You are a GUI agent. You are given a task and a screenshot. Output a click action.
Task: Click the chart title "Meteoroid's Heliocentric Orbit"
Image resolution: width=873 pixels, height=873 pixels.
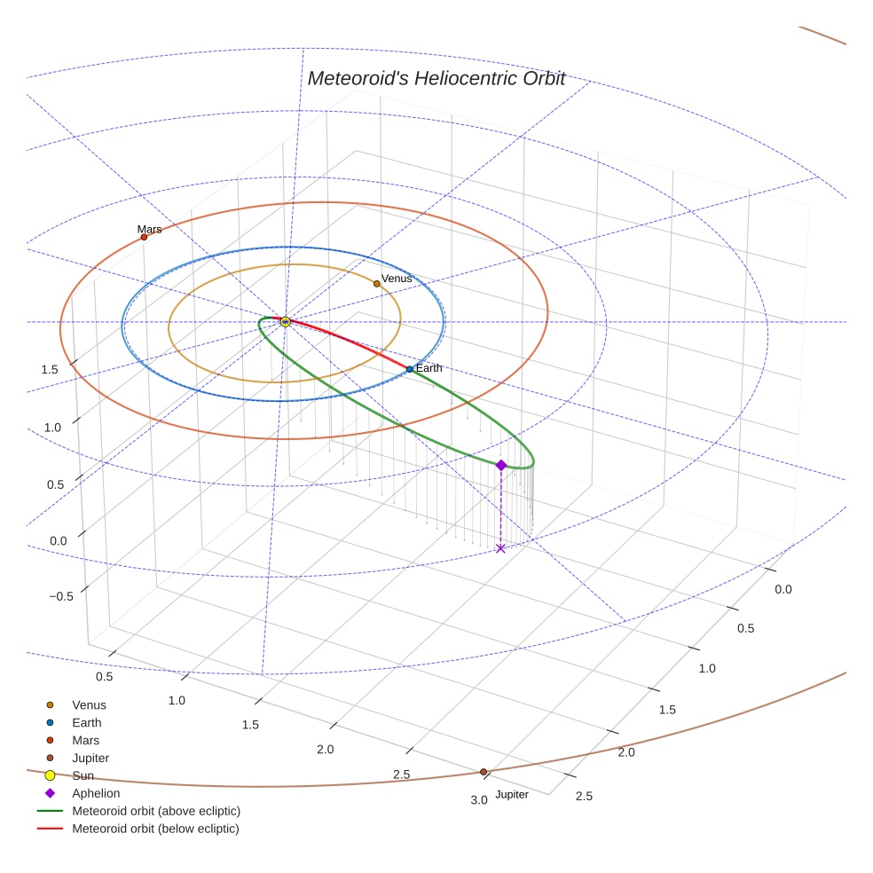click(x=436, y=78)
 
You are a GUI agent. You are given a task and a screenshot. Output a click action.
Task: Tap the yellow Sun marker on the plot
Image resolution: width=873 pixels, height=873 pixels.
click(x=286, y=322)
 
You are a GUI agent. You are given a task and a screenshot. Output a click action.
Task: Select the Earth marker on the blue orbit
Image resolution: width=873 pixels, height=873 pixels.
click(x=409, y=369)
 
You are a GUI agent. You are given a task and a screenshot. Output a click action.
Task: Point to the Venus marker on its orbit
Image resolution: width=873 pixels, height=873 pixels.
click(x=377, y=284)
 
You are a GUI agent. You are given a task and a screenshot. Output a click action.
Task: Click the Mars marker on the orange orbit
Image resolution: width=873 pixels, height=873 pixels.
click(x=144, y=237)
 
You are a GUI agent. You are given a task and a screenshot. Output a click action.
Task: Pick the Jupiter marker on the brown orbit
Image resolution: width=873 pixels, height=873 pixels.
click(x=484, y=772)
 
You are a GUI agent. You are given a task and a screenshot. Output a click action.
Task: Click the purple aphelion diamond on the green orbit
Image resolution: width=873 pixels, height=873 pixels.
click(x=501, y=465)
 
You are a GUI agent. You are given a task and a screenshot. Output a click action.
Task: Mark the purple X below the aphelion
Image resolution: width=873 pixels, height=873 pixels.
click(x=500, y=548)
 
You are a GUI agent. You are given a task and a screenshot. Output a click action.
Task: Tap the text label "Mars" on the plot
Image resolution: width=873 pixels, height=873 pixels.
click(x=149, y=229)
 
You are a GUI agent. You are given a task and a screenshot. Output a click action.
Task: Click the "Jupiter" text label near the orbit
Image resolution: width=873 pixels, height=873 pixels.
click(x=512, y=794)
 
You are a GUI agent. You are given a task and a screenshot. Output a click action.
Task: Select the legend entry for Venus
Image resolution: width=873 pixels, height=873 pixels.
click(x=89, y=705)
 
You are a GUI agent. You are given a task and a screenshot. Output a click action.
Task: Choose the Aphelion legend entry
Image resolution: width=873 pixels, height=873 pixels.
click(x=96, y=793)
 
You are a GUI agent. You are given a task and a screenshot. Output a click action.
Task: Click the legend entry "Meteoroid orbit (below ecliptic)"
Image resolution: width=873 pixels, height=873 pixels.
click(x=155, y=829)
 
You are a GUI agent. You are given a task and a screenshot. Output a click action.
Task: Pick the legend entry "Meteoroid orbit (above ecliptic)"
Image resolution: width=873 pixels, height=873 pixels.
click(x=156, y=811)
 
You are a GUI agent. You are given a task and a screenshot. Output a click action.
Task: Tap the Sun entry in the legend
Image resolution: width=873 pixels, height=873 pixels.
click(x=83, y=775)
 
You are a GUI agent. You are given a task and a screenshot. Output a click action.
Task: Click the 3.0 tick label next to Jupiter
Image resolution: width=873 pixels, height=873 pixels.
click(x=479, y=800)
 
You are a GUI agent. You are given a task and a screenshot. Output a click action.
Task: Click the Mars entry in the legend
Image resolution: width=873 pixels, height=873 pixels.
click(x=85, y=740)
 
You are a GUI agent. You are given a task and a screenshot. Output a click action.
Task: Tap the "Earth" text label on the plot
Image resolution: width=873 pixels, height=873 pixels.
click(x=429, y=368)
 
